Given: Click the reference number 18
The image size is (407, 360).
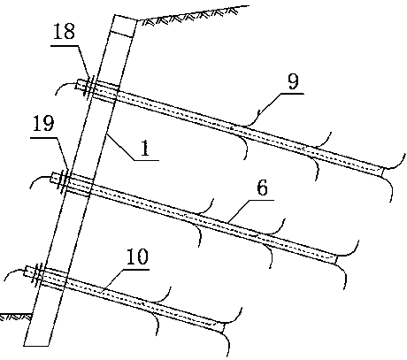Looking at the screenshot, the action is (64, 31).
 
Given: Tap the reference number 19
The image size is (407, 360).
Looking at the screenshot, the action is (43, 123).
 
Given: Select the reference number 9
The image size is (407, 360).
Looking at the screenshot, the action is (293, 81).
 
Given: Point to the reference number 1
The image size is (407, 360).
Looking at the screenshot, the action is (144, 148).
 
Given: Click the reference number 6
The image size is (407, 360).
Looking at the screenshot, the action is (263, 188).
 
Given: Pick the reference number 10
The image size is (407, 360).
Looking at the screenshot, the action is (137, 257).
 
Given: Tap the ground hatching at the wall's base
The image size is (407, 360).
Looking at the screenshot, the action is (16, 318).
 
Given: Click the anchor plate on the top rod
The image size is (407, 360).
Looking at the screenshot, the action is (89, 87).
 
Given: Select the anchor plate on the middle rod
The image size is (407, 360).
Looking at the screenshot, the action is (65, 181).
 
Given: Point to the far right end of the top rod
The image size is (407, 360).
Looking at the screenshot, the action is (380, 172).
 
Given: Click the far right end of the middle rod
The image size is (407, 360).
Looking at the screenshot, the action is (334, 260).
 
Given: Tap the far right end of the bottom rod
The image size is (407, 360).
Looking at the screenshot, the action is (222, 328).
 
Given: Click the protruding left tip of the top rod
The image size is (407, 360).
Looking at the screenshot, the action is (78, 84).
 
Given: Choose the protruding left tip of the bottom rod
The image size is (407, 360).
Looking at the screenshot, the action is (26, 272).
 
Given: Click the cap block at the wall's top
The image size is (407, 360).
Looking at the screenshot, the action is (123, 26).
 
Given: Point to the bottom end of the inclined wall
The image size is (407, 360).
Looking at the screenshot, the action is (36, 346).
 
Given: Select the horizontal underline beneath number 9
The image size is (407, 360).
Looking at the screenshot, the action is (292, 94).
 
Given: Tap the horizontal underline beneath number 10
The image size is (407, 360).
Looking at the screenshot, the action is (136, 269).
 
